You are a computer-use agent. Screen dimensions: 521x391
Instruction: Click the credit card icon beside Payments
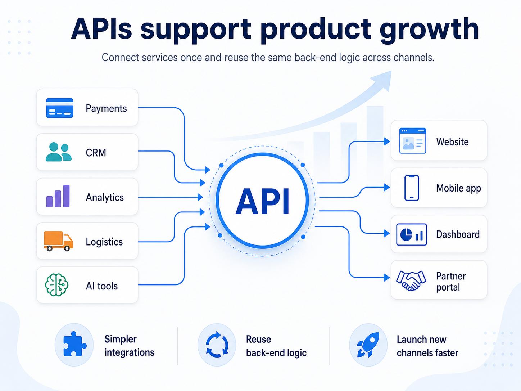(x=60, y=108)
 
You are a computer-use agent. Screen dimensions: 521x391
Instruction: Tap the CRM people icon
(x=59, y=152)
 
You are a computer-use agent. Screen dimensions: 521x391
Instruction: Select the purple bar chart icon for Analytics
(x=58, y=196)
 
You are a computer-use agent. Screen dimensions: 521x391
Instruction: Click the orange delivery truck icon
(x=58, y=241)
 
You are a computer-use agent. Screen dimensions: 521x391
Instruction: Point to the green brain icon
(x=57, y=285)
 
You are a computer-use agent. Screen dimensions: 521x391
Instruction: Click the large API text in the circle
(x=263, y=201)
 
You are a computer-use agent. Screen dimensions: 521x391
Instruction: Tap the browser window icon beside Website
(x=413, y=141)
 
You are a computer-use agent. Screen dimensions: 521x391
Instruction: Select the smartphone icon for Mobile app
(x=412, y=188)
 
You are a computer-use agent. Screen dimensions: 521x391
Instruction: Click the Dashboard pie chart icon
(x=411, y=234)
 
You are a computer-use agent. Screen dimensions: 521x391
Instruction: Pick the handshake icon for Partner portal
(x=411, y=280)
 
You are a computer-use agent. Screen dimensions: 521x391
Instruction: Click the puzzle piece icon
(x=74, y=344)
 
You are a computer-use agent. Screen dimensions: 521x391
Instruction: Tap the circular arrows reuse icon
(x=217, y=345)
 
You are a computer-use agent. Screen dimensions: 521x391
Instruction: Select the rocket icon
(x=368, y=345)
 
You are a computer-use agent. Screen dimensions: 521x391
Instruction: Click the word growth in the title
(x=429, y=30)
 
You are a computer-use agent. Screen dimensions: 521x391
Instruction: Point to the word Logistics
(x=104, y=242)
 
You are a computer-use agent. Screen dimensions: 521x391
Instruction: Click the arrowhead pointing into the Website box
(x=387, y=141)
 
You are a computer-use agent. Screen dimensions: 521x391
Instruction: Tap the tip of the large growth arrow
(x=391, y=71)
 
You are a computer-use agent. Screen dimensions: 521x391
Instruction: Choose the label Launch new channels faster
(x=427, y=346)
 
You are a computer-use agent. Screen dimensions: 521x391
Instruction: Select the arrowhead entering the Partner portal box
(x=387, y=277)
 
